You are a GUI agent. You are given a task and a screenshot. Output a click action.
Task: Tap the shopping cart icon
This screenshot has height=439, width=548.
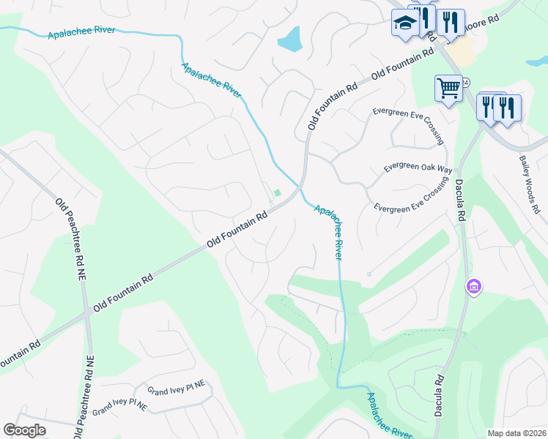(x=448, y=89)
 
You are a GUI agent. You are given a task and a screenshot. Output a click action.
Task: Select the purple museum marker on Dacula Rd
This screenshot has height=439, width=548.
(x=473, y=286)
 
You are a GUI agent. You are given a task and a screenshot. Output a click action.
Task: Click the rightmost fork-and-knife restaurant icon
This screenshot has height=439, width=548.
(x=507, y=108)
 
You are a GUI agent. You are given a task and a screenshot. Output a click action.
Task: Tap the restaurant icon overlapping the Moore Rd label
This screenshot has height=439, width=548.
(x=451, y=22)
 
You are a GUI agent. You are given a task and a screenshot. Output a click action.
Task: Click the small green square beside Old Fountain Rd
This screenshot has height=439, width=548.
(x=278, y=193)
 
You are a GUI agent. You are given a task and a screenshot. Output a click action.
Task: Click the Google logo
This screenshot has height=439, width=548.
(x=25, y=430)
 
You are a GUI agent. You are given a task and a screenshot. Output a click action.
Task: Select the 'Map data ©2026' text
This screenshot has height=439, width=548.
(x=516, y=433)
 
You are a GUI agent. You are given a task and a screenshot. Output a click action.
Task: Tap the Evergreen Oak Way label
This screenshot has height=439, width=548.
(x=418, y=168)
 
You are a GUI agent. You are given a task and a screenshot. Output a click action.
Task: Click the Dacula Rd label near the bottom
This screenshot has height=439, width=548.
(x=440, y=399)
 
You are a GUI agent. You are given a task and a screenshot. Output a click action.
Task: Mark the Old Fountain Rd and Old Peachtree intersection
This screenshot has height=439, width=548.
(x=88, y=311)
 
